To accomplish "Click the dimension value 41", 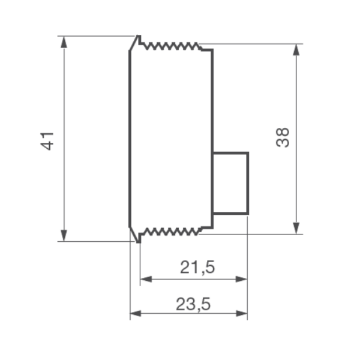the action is pyautogui.click(x=47, y=141).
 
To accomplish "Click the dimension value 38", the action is pyautogui.click(x=283, y=137).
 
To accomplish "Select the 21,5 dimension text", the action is pyautogui.click(x=197, y=267).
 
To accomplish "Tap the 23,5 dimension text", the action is pyautogui.click(x=193, y=304).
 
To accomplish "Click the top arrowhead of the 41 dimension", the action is pyautogui.click(x=64, y=42).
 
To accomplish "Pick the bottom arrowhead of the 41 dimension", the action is pyautogui.click(x=64, y=236).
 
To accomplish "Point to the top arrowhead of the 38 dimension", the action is pyautogui.click(x=296, y=50).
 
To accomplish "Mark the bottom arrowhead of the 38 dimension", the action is pyautogui.click(x=296, y=228).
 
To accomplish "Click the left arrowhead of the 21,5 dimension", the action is pyautogui.click(x=146, y=279).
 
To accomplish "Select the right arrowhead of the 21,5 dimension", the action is pyautogui.click(x=241, y=279).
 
